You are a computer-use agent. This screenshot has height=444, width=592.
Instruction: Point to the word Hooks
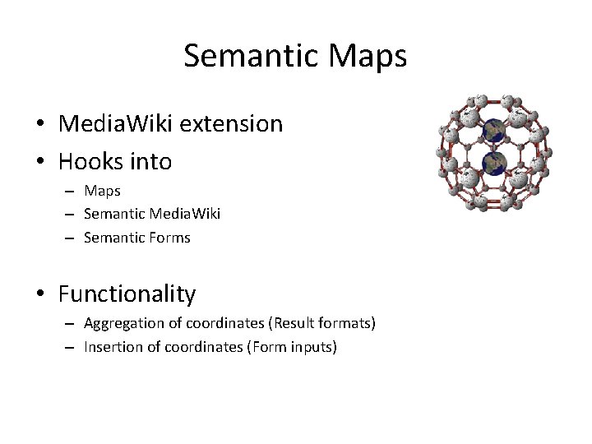90,161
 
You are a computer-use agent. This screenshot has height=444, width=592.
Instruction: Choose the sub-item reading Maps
102,191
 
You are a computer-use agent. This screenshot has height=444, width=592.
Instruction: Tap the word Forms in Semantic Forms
170,238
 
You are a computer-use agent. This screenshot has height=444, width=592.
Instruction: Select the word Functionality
127,294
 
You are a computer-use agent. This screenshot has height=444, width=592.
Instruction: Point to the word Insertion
113,347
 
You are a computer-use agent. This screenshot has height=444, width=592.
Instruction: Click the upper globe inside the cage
493,130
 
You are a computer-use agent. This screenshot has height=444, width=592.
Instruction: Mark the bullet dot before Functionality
40,294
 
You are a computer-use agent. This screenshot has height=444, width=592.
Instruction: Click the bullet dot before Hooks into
40,162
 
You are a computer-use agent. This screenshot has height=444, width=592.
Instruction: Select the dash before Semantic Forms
72,238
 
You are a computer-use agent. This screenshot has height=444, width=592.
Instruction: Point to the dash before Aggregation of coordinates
72,324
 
